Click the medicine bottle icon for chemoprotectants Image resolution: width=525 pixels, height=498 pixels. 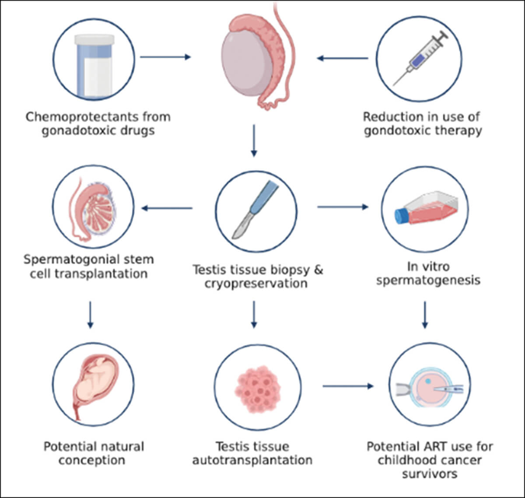[x=94, y=66]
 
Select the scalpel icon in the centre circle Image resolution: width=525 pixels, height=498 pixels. [x=256, y=210]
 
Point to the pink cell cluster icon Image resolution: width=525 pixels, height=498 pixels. [x=255, y=389]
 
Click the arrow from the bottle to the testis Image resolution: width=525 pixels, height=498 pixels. [x=165, y=57]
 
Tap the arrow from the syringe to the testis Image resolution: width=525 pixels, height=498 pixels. [x=342, y=58]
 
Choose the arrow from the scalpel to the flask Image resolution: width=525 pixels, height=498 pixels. [x=343, y=207]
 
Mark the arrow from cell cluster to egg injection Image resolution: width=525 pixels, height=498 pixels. [x=348, y=386]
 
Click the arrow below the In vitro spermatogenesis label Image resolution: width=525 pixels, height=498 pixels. [x=424, y=315]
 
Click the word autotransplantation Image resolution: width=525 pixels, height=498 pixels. [x=252, y=460]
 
